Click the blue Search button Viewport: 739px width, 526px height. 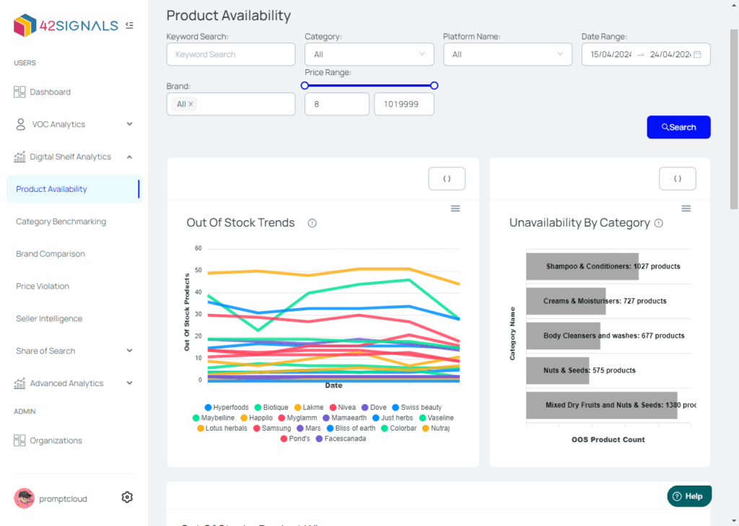(x=678, y=127)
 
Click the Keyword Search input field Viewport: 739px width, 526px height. (x=230, y=54)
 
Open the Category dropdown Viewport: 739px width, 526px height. (x=369, y=54)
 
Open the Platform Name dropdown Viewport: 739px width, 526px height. (x=507, y=54)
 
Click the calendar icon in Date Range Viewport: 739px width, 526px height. (x=697, y=54)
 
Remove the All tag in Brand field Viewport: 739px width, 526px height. (x=191, y=104)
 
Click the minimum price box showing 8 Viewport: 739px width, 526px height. (x=336, y=104)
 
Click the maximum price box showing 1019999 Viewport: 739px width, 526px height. (x=403, y=104)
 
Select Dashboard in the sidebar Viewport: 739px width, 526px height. (x=50, y=92)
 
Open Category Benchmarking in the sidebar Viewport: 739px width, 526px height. (x=61, y=222)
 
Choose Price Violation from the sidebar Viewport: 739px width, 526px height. (x=43, y=286)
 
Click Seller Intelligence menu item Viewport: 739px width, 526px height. (x=49, y=319)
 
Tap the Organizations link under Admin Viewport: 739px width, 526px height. (x=56, y=440)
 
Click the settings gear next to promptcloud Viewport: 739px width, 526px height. (x=127, y=497)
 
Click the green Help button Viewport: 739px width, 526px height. (x=689, y=496)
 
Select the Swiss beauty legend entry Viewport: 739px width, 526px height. (x=416, y=408)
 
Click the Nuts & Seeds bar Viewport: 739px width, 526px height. (x=557, y=370)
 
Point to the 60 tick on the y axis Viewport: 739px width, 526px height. (x=198, y=248)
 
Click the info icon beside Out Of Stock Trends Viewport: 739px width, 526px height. (x=312, y=223)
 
